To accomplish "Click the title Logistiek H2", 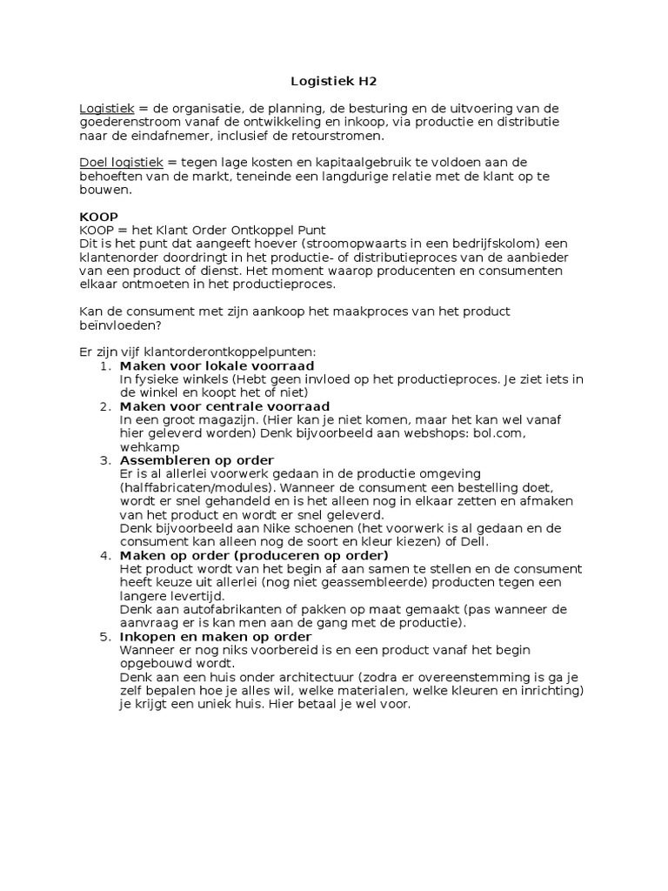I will (x=334, y=82).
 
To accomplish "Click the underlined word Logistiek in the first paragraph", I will (x=106, y=108).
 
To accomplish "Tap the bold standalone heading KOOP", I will (x=98, y=217).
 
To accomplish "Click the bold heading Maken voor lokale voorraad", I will (x=217, y=365).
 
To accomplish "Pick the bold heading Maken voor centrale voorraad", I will (x=224, y=405).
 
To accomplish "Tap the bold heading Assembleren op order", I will (x=197, y=459).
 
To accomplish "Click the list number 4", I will (x=105, y=555).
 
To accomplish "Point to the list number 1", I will (x=105, y=365).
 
